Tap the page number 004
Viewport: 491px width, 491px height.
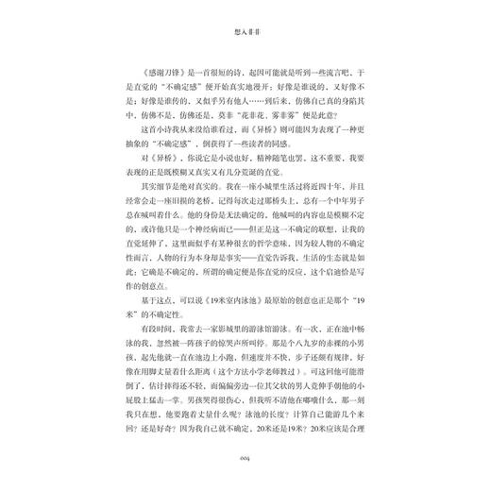point(245,462)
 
